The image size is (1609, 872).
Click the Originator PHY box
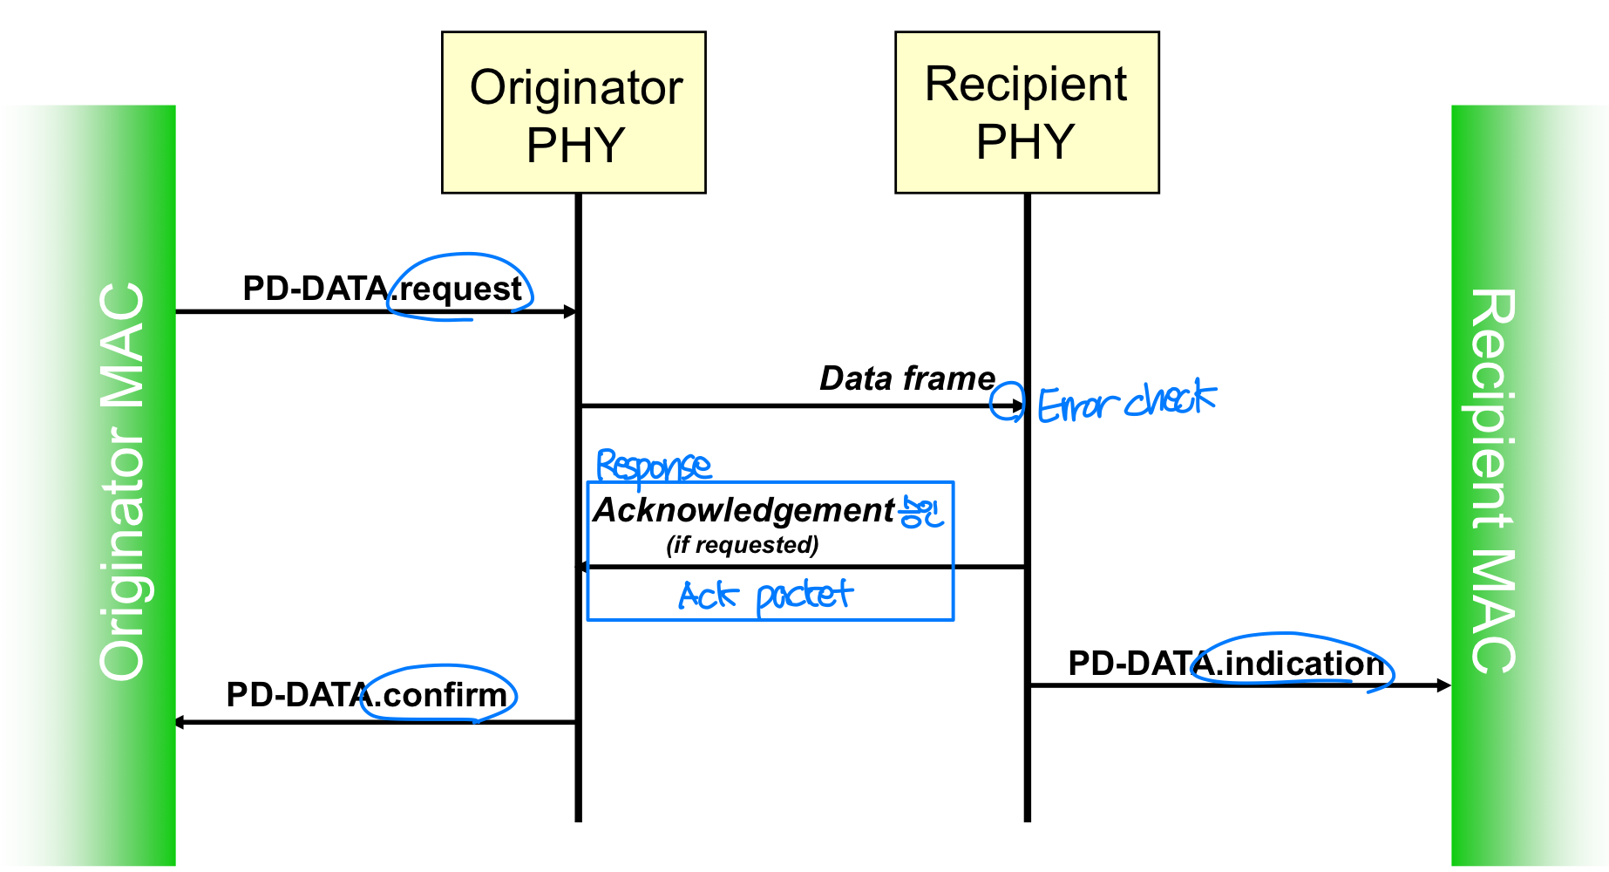[x=574, y=112]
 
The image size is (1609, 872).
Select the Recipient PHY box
[x=1027, y=112]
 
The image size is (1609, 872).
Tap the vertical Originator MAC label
[x=122, y=482]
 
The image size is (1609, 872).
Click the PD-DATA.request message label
[x=382, y=289]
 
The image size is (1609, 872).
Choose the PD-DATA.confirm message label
[x=366, y=695]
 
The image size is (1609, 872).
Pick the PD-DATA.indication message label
[x=1225, y=664]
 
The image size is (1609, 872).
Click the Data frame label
[x=907, y=378]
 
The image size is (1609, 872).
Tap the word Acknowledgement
[x=743, y=510]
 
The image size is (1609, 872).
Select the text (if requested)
[x=743, y=545]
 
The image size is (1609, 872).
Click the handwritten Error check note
[x=1126, y=402]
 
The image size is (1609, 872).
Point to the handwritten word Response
[x=653, y=467]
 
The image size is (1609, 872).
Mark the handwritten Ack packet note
[x=764, y=596]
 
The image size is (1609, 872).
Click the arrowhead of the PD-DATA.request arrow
[x=571, y=311]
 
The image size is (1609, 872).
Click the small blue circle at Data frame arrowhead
[x=1007, y=402]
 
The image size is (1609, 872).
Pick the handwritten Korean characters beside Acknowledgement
[x=921, y=512]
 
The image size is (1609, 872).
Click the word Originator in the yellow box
[x=576, y=88]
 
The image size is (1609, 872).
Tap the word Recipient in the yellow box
[x=1026, y=85]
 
